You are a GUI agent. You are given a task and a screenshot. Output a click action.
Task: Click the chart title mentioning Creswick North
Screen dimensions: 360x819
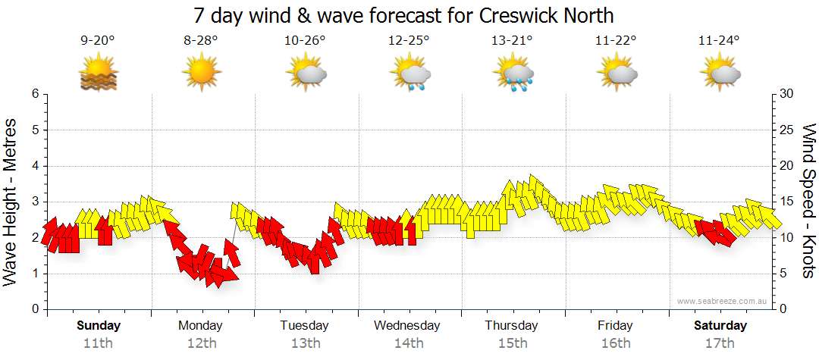click(403, 15)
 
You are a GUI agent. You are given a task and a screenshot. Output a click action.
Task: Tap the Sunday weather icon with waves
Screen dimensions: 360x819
click(98, 74)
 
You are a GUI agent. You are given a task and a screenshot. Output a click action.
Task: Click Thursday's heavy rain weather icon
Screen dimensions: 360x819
click(513, 74)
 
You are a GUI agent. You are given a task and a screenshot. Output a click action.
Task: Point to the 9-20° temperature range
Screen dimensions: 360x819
click(98, 41)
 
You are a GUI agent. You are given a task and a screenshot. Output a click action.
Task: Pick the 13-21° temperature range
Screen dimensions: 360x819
click(513, 41)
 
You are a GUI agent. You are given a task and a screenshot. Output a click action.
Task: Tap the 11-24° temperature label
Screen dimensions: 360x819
click(719, 41)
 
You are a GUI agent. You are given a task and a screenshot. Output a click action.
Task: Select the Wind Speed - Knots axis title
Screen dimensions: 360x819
click(808, 201)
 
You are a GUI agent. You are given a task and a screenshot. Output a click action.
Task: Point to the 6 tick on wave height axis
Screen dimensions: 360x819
click(34, 94)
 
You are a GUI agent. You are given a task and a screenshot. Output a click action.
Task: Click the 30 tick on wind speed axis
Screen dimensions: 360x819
click(788, 94)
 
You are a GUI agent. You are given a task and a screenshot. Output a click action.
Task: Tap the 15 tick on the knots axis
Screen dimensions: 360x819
click(788, 202)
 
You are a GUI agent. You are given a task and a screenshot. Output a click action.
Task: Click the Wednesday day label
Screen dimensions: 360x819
click(407, 326)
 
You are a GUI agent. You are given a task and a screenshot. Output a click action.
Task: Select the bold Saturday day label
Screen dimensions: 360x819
click(720, 326)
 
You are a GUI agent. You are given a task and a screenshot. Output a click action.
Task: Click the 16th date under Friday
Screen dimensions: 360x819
click(615, 343)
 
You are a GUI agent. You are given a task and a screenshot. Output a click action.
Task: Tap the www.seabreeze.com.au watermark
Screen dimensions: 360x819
click(723, 301)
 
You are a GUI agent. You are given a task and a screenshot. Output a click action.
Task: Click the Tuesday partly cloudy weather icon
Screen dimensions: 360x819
click(306, 74)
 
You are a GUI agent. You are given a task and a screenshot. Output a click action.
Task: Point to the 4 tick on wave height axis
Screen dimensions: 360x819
click(34, 166)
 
